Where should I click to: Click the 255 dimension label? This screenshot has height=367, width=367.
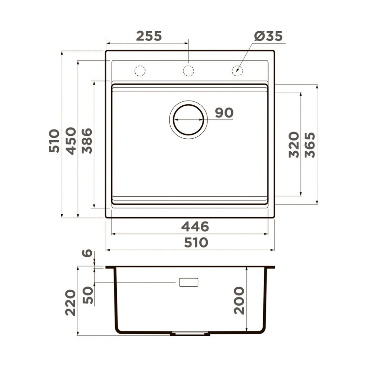pos(149,36)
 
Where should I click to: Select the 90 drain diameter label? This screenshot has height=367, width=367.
pos(224,113)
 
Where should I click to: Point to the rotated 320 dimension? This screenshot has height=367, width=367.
pos(294,145)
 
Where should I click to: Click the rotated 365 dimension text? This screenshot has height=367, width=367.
pos(310,145)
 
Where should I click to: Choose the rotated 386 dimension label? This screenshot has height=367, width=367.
pos(87,141)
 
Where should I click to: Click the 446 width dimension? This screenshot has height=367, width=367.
pos(195,227)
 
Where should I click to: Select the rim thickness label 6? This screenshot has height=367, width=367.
pos(87,253)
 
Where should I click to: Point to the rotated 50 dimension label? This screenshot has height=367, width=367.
pos(88,296)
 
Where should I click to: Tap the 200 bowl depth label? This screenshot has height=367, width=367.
pos(239,300)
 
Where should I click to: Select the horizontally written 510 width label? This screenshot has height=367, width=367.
pos(196,243)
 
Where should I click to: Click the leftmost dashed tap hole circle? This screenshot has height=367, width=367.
pos(140,70)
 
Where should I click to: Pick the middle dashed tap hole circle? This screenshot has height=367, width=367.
pos(188,70)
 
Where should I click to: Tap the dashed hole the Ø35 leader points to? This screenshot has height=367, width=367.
pos(237,70)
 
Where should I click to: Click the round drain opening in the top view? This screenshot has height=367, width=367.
pos(188,120)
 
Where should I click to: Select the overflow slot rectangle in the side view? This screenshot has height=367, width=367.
pos(188,282)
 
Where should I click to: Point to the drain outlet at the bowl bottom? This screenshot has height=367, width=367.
pos(190,334)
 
